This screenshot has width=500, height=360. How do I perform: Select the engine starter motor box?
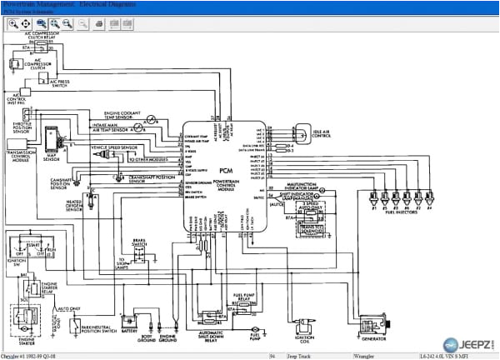22,321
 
